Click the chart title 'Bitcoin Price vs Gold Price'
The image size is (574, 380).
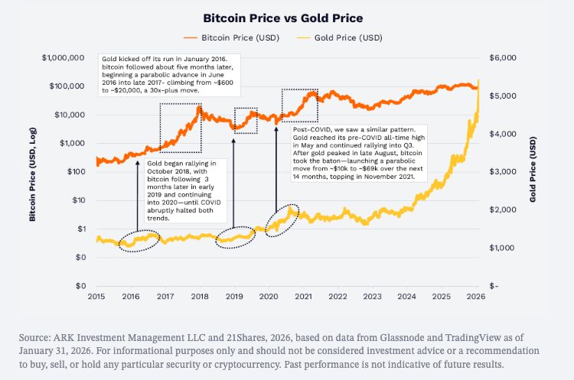287,17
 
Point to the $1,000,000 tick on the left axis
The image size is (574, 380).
63,58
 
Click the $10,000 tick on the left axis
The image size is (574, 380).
69,115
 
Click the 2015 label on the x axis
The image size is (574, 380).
96,296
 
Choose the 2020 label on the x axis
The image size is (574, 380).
269,296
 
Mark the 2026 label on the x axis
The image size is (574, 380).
475,296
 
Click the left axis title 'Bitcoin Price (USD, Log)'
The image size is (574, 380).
33,171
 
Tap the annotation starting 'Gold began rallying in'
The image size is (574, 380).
181,190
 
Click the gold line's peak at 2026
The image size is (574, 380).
478,80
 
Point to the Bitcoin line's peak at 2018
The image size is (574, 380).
200,106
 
